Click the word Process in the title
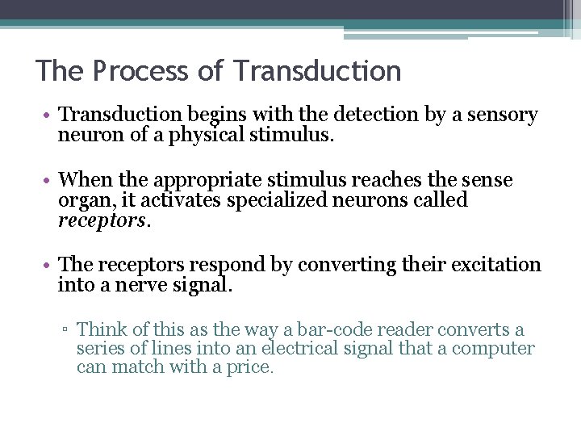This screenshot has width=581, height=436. point(141,71)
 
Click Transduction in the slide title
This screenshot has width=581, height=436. point(317,71)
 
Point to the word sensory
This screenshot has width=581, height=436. point(502,115)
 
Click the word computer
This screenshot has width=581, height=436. point(493,349)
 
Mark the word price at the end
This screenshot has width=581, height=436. point(252,367)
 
